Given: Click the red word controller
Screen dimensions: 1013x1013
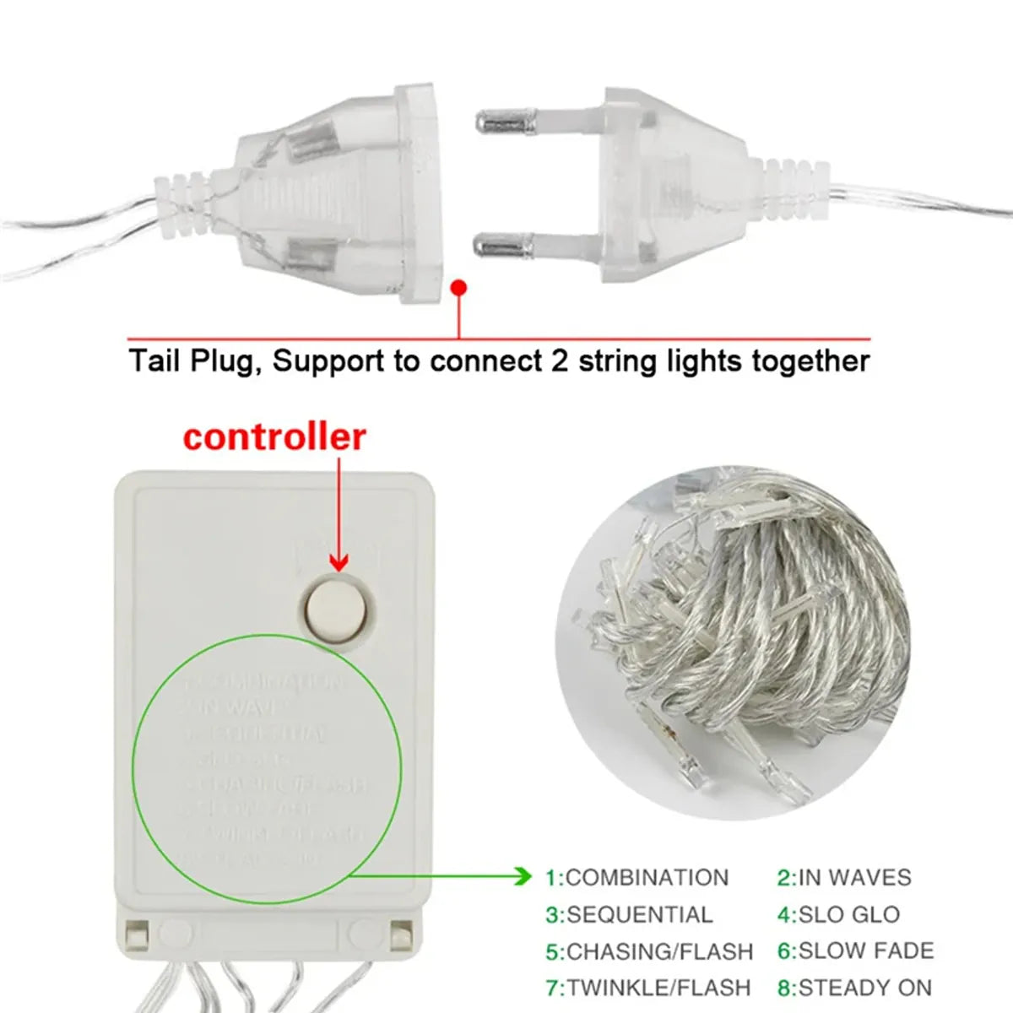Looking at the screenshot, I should [274, 438].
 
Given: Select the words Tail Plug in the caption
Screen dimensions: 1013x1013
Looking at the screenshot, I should [190, 361].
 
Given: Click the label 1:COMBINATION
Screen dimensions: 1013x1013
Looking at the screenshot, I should [637, 878].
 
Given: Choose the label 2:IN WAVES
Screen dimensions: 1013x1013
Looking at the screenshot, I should [844, 878].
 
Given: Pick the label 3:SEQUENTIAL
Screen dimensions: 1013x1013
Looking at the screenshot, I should [629, 915].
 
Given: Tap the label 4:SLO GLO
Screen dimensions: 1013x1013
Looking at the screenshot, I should [838, 915].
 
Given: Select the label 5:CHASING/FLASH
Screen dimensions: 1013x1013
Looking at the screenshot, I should [649, 952].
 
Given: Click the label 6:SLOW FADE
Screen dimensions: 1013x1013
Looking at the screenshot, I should [855, 951].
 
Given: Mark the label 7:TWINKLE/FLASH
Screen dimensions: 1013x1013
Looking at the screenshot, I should [648, 988].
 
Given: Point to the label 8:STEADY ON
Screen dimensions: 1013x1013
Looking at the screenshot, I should [854, 988].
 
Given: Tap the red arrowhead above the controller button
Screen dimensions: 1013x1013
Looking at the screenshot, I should [339, 562].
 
